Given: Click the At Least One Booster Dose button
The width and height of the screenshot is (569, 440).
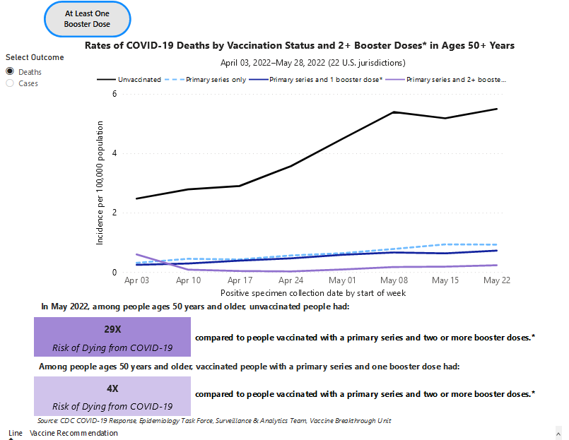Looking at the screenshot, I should click(88, 19).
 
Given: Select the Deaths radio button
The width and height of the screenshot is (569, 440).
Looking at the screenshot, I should click(11, 72).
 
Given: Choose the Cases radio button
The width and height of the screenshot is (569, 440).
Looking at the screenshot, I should click(11, 83).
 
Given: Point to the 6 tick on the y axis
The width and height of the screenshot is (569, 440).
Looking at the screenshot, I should click(115, 93).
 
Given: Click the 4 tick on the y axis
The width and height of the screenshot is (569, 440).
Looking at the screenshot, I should click(115, 153).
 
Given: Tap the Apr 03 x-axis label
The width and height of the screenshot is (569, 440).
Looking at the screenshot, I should click(136, 280).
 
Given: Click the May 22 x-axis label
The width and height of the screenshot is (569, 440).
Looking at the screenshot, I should click(497, 280).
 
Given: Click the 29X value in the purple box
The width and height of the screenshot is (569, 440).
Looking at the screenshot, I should click(112, 329).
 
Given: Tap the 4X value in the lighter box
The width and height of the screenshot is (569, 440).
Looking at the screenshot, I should click(112, 388).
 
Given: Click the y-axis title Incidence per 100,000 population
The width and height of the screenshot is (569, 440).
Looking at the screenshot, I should click(100, 182).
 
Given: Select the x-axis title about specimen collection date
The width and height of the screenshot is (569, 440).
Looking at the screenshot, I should click(312, 292).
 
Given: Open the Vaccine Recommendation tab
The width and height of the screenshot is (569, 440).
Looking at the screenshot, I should click(74, 433).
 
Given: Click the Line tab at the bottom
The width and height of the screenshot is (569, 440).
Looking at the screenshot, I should click(16, 433).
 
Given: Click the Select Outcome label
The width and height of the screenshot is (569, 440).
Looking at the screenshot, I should click(35, 57).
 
